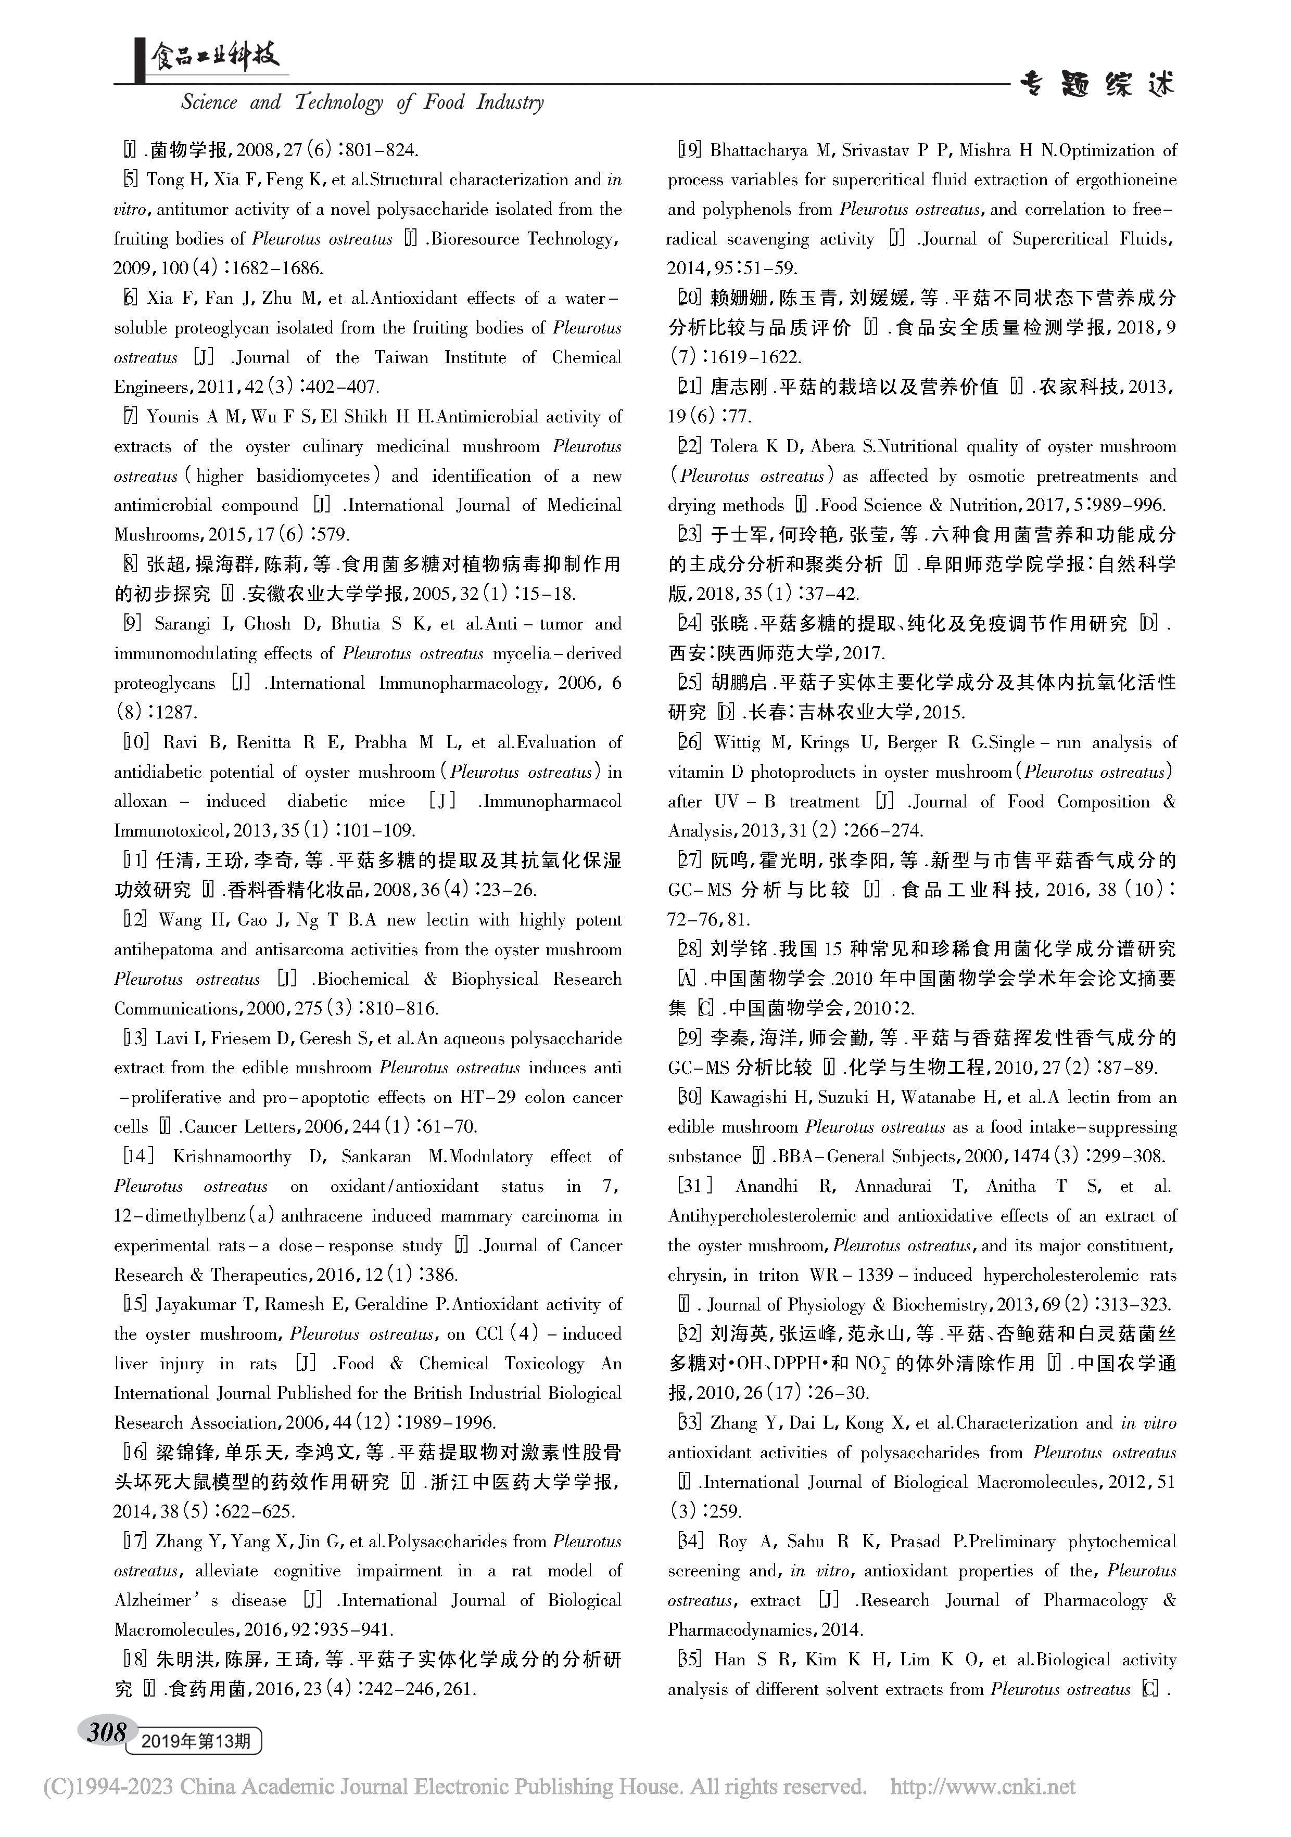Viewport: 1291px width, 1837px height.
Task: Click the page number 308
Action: pos(106,1733)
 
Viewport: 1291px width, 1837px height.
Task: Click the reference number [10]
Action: pos(135,742)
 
